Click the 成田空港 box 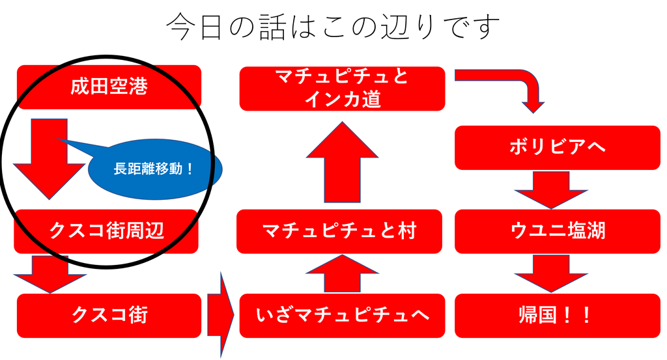click(x=109, y=87)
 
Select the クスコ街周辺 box click(x=106, y=231)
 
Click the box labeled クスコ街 click(x=109, y=316)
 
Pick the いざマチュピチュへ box click(x=342, y=316)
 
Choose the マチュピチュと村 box click(x=339, y=231)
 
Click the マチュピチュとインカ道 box click(x=342, y=89)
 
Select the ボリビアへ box click(x=557, y=147)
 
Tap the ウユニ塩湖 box click(x=557, y=231)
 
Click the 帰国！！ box click(x=557, y=316)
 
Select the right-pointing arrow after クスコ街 click(x=221, y=316)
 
